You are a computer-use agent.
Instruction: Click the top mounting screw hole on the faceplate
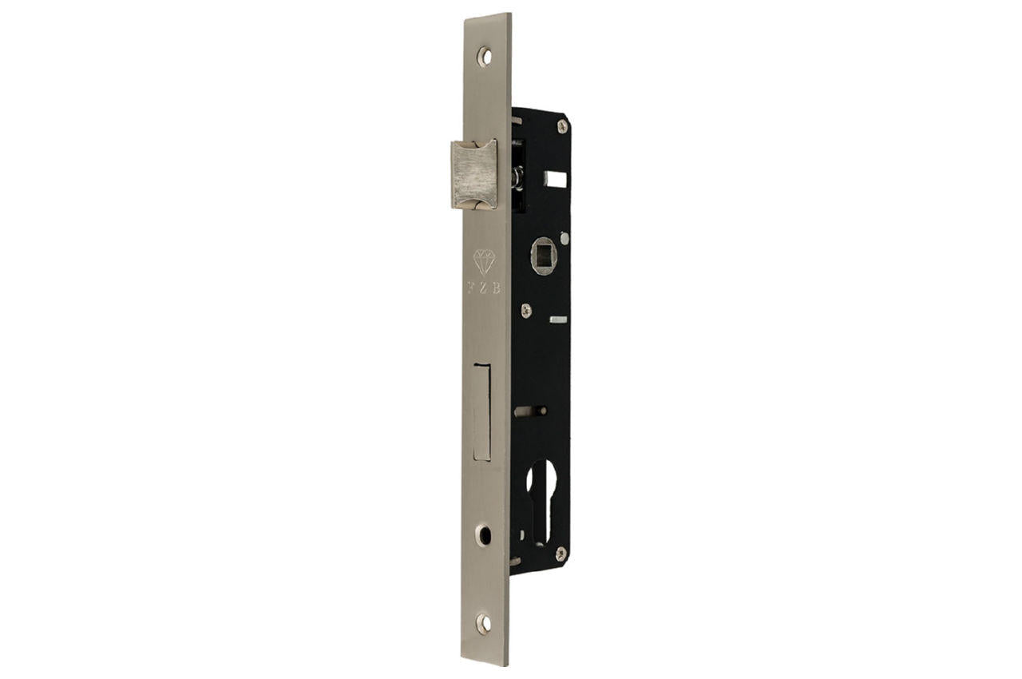[485, 57]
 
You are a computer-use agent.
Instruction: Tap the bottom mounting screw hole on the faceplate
[483, 623]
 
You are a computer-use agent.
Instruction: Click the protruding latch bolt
[473, 174]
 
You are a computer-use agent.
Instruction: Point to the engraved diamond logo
[484, 262]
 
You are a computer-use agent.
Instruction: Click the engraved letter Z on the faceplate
[483, 288]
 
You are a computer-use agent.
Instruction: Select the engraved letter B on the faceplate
[496, 288]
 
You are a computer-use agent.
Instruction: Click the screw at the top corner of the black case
[563, 126]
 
